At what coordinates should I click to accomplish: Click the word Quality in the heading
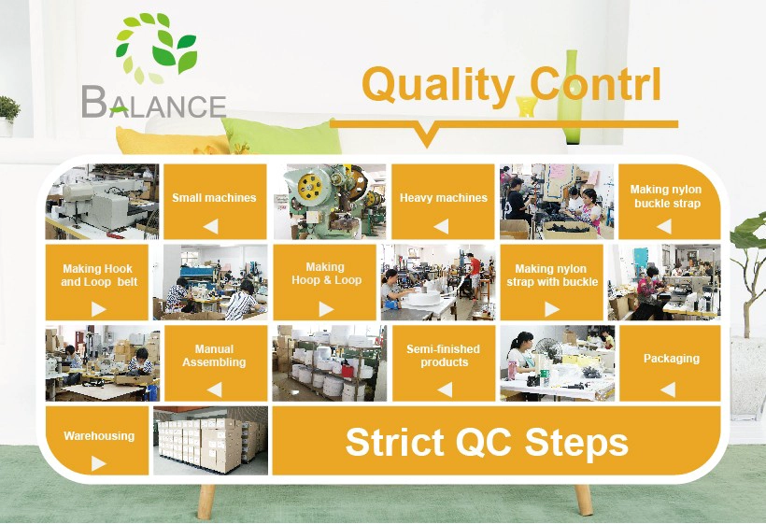[437, 84]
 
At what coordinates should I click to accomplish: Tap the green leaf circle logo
[155, 48]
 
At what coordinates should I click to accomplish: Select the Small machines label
[214, 198]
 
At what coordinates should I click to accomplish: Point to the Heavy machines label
[444, 198]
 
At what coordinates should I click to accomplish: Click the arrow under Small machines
[210, 226]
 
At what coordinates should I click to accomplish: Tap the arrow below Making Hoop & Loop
[326, 308]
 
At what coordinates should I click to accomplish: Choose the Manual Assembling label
[214, 356]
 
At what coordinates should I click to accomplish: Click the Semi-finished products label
[443, 356]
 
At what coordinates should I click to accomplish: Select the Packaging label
[672, 359]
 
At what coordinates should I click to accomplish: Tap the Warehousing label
[99, 435]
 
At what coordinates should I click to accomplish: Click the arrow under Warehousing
[98, 463]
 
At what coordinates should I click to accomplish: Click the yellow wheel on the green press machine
[311, 187]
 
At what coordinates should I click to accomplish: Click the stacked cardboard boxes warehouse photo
[210, 441]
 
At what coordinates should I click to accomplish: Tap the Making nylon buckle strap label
[666, 196]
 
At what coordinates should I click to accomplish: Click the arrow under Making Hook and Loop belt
[98, 308]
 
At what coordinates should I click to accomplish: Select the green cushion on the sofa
[281, 136]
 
